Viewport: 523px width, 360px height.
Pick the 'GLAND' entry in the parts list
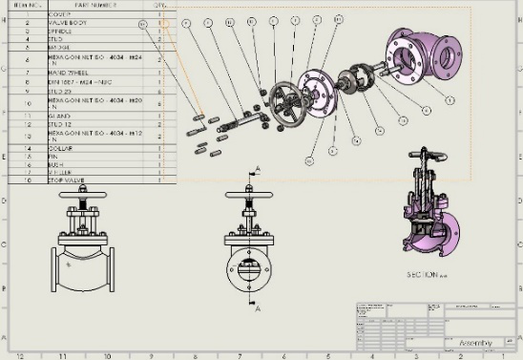point(59,115)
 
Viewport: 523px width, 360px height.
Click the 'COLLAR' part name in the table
point(61,148)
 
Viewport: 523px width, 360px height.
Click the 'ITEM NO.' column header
point(27,5)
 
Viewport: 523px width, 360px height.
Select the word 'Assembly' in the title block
point(474,343)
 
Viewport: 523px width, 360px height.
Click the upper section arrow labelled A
point(256,171)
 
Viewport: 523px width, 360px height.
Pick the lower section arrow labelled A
point(256,307)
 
